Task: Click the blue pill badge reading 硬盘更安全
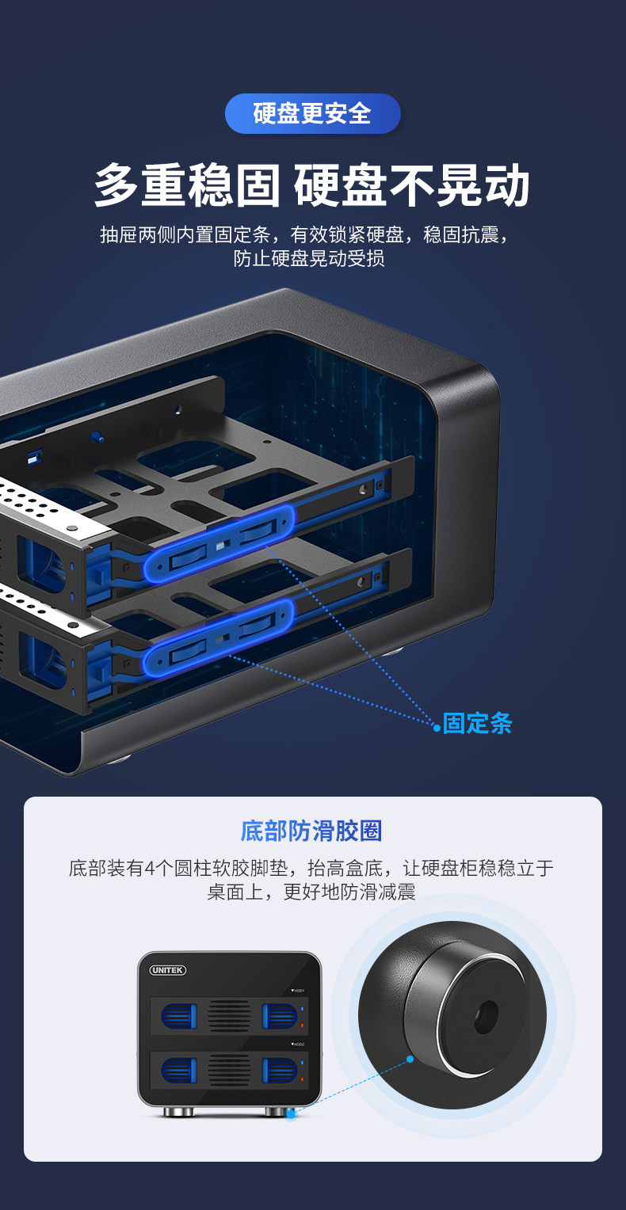[312, 113]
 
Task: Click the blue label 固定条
[477, 723]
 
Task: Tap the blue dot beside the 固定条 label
[437, 728]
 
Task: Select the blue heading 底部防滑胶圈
[311, 831]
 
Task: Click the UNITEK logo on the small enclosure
[167, 969]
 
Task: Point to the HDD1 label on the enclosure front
[298, 991]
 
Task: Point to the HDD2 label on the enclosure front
[298, 1044]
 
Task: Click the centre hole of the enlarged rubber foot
[486, 1015]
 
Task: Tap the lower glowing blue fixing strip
[219, 637]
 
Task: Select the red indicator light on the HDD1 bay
[302, 1025]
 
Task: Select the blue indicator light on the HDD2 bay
[302, 1063]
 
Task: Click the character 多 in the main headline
[116, 185]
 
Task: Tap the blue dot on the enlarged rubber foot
[410, 1059]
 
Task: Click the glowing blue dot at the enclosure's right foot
[291, 1113]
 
